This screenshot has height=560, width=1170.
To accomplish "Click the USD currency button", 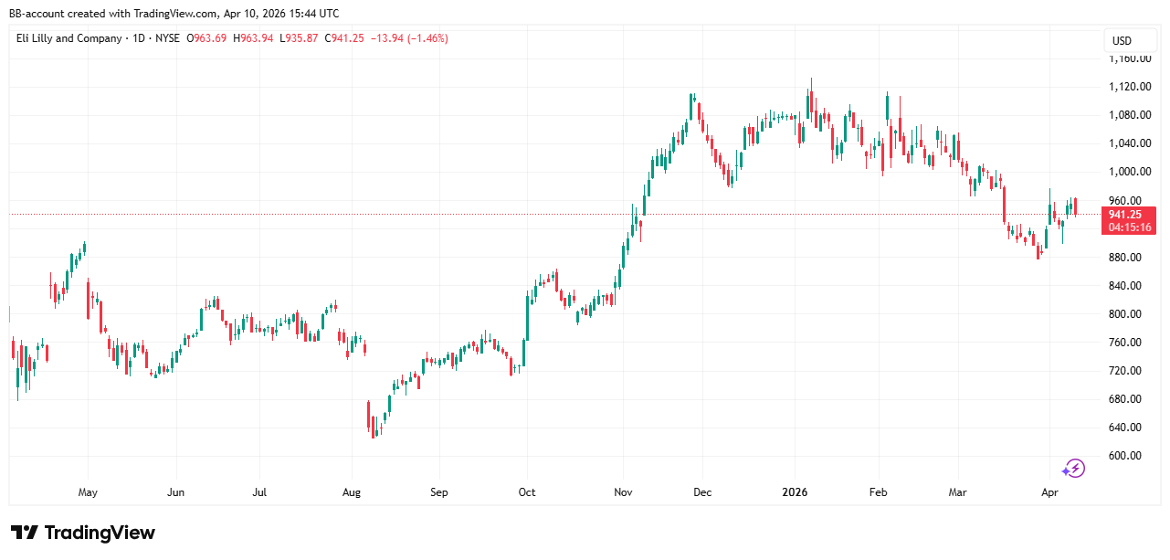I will click(x=1121, y=40).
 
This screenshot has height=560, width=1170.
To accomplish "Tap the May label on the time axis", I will click(x=88, y=493).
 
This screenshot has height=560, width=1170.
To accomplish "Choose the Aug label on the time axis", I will click(x=352, y=493).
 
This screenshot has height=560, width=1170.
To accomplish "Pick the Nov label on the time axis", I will click(x=623, y=493).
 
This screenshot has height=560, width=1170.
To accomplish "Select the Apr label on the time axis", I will click(x=1049, y=493).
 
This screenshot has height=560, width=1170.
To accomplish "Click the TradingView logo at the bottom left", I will click(x=83, y=533).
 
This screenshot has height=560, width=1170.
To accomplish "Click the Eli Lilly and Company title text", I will click(x=69, y=38).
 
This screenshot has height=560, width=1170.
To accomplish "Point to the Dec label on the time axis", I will click(x=702, y=493).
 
